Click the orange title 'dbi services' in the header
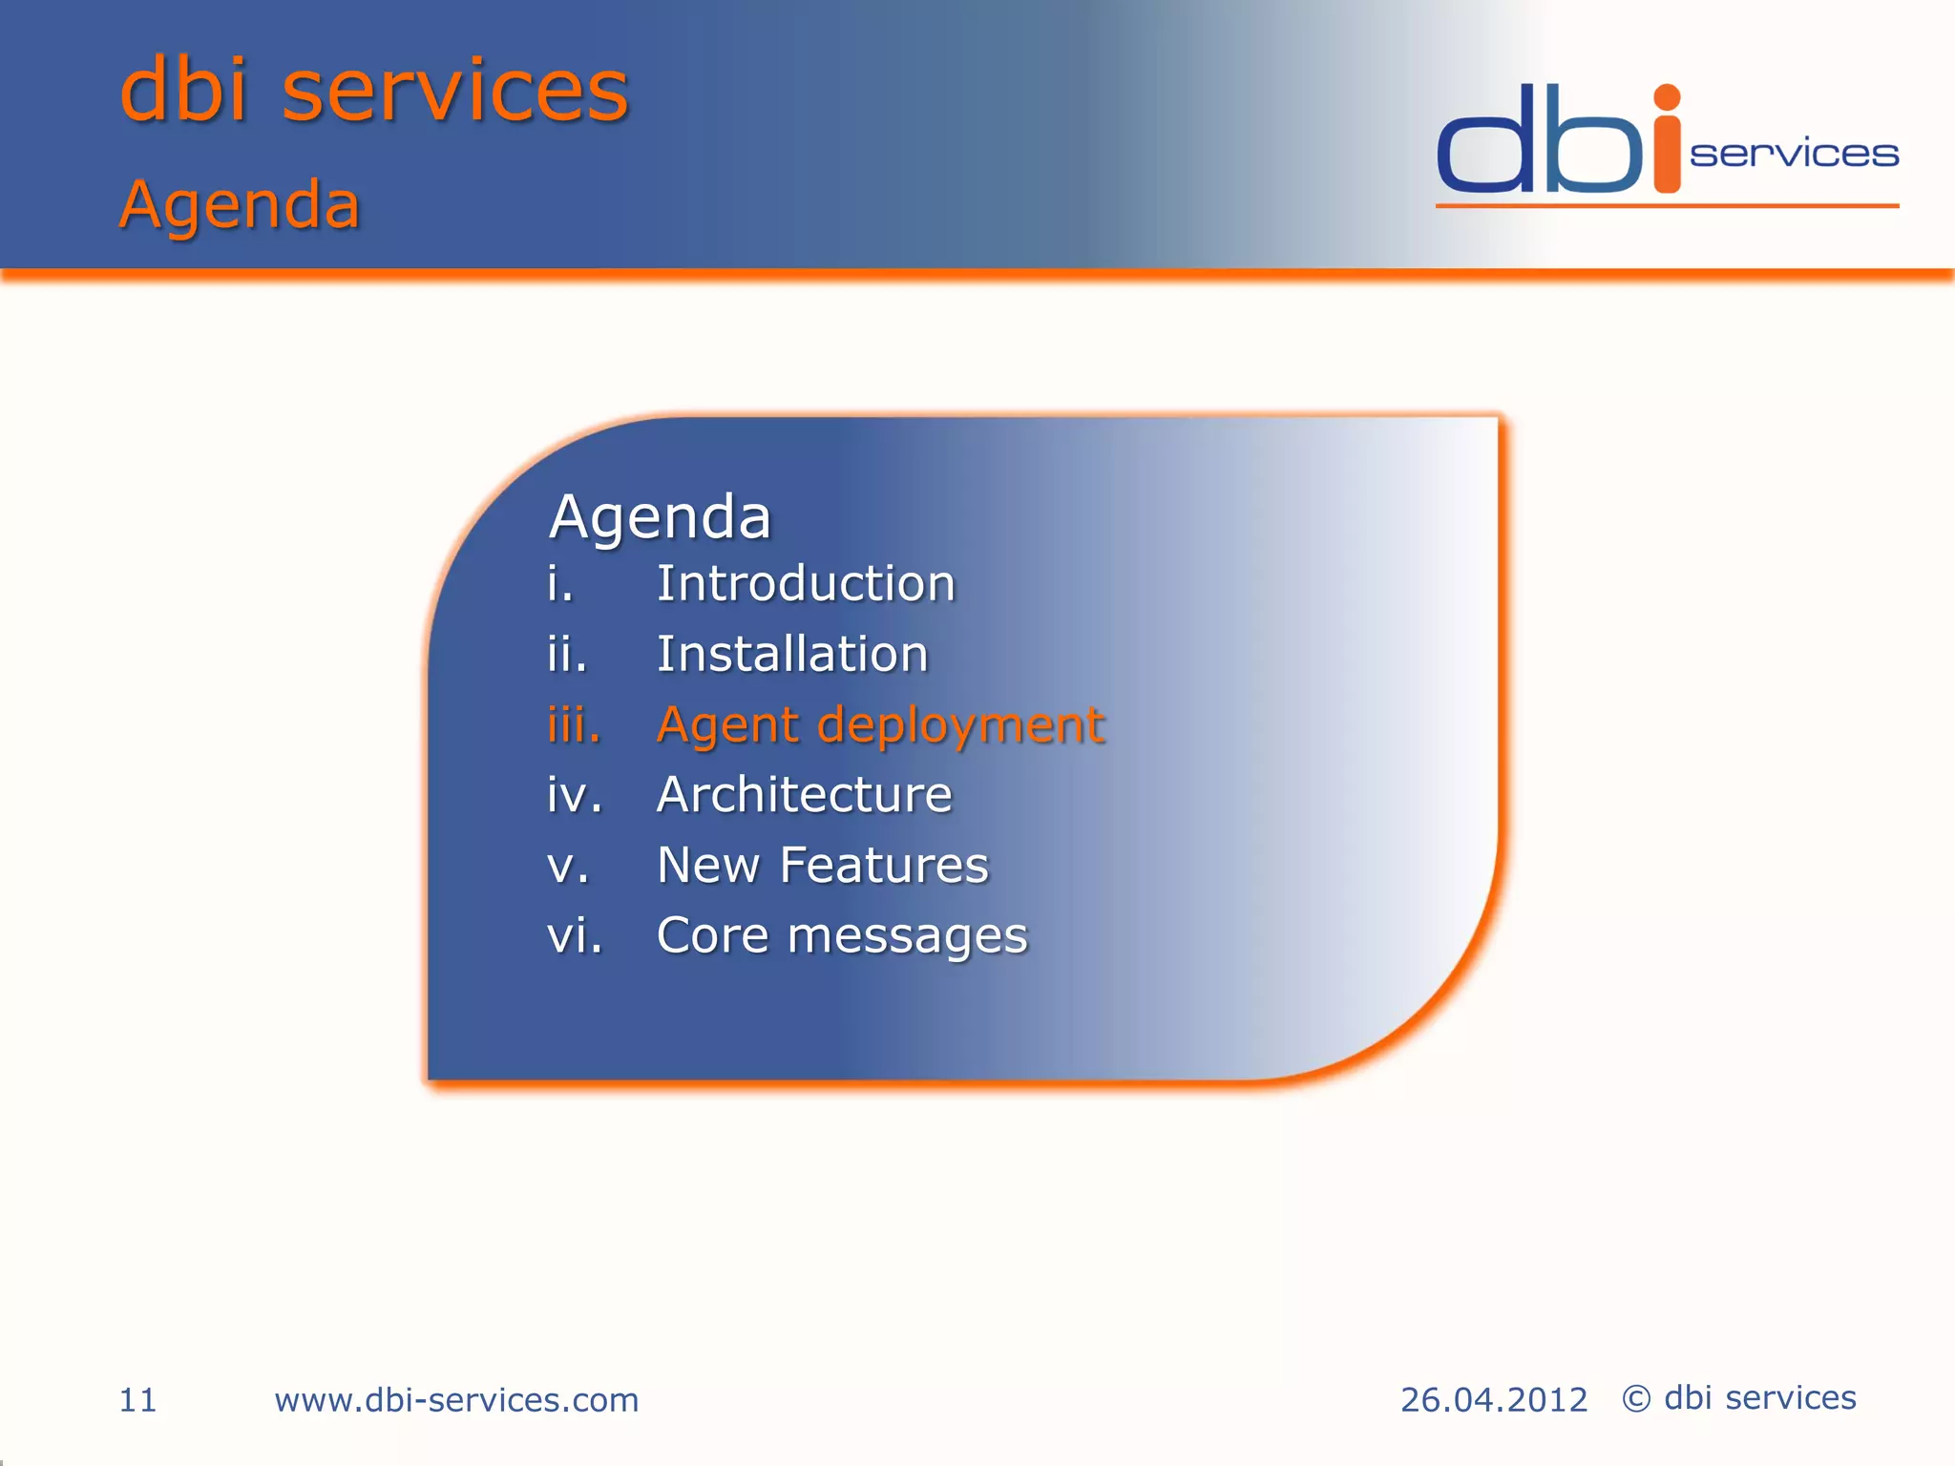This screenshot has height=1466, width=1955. point(374,90)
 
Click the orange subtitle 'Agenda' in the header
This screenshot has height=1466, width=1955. point(240,204)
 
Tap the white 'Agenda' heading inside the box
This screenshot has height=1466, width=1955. point(660,518)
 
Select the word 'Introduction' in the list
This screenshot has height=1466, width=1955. point(806,583)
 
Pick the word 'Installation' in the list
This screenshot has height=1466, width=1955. point(792,654)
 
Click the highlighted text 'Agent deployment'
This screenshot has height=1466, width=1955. point(880,725)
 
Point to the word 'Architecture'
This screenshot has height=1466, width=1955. point(804,794)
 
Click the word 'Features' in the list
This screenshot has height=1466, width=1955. point(884,865)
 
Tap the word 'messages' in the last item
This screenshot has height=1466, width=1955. point(907,936)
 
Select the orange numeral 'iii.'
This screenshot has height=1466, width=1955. point(574,724)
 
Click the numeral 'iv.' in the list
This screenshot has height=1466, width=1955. point(575,795)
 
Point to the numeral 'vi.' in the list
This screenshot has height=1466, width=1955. point(575,935)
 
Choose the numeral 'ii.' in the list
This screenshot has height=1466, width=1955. point(567,655)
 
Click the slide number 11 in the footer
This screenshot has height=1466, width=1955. point(137,1400)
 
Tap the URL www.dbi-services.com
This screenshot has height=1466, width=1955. point(456,1400)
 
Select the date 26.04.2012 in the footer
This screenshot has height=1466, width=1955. point(1493,1400)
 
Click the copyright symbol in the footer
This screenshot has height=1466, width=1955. point(1636,1399)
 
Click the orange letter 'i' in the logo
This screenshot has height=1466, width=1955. point(1667,143)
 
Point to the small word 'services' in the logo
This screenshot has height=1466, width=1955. point(1794,154)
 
